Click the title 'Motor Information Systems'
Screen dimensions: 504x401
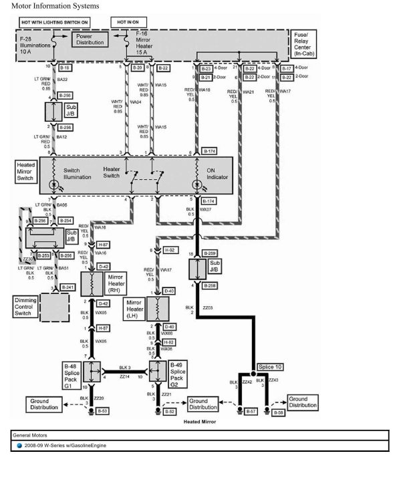(55, 5)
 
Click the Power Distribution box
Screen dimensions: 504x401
(89, 39)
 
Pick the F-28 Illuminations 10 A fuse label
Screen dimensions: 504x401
(31, 45)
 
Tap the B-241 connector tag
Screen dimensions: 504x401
(67, 287)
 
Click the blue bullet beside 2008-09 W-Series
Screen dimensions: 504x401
(19, 445)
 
